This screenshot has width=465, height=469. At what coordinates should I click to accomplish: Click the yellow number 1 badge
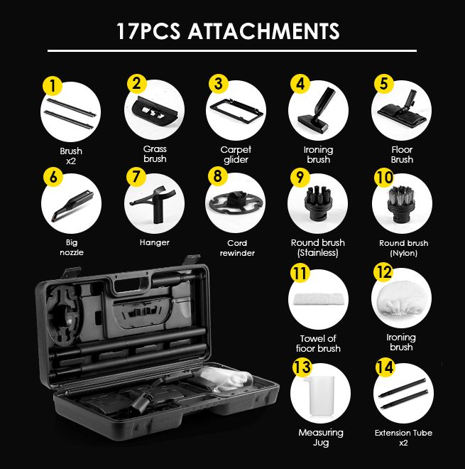coord(53,85)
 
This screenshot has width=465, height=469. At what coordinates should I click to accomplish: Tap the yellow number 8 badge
coord(218,176)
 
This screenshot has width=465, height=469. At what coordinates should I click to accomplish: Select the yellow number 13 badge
coord(302,367)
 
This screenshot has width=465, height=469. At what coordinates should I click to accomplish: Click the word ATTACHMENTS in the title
coord(264,31)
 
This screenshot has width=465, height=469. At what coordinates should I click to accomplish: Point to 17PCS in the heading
coord(148,31)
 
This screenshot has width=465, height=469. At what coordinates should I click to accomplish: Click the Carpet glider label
coord(236,154)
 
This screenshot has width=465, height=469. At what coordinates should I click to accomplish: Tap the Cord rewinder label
coord(237,248)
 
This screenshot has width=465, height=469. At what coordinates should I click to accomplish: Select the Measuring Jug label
coord(321,437)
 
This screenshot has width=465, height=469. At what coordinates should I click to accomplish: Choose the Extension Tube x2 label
coord(403,437)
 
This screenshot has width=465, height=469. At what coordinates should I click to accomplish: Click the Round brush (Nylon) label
coord(403,248)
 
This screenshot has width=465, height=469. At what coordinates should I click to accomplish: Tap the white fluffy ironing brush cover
coord(400,300)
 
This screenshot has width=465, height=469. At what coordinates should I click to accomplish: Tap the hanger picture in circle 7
coord(152,204)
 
